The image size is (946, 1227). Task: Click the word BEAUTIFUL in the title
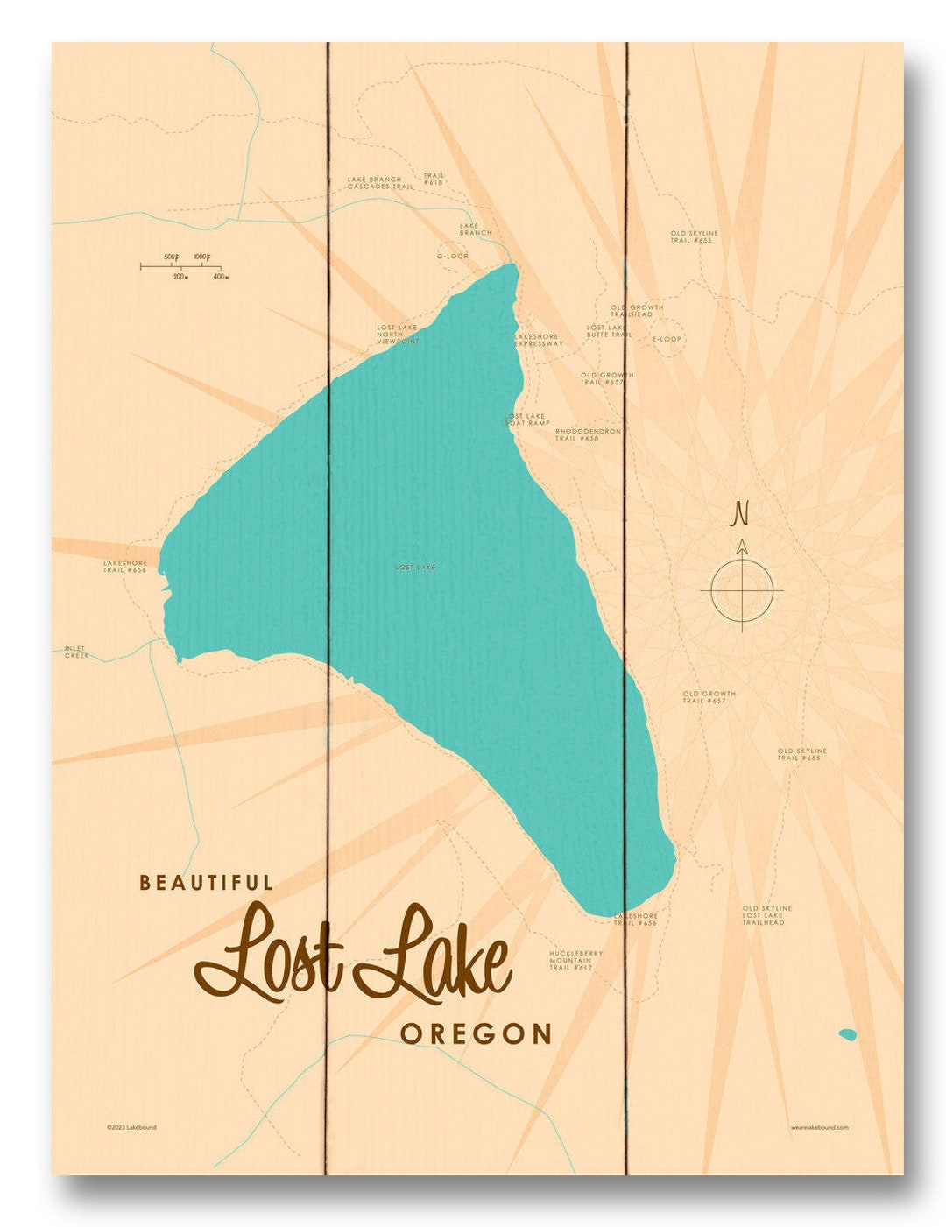click(x=206, y=883)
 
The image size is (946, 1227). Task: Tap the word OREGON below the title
click(x=476, y=1033)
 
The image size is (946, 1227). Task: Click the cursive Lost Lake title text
click(x=352, y=955)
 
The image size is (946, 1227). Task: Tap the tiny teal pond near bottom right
click(x=847, y=1034)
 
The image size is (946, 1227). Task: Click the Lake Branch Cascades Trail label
click(x=379, y=183)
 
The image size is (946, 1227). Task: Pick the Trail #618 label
click(x=434, y=179)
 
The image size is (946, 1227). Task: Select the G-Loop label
click(x=453, y=256)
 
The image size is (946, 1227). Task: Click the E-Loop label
click(x=666, y=339)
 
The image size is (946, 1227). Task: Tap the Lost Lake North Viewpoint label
click(x=398, y=334)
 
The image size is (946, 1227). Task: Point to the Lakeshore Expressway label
click(x=538, y=340)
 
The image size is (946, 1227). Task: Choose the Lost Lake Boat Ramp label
click(x=526, y=420)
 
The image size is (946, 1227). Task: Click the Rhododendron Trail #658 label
click(x=588, y=434)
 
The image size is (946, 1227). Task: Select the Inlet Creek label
click(x=76, y=652)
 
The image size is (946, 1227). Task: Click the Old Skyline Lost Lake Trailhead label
click(x=766, y=915)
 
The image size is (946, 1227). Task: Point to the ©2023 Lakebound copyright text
click(x=131, y=1127)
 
